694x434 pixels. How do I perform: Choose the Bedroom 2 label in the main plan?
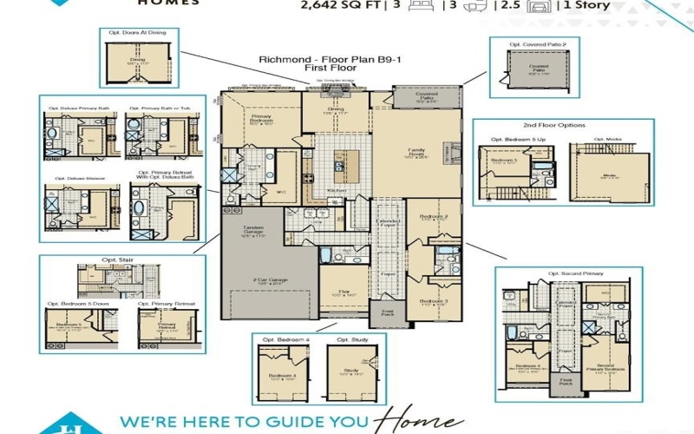pos(432,218)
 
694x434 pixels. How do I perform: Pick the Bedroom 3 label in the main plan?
pos(432,303)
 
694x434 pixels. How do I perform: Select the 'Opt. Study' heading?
pos(349,339)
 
